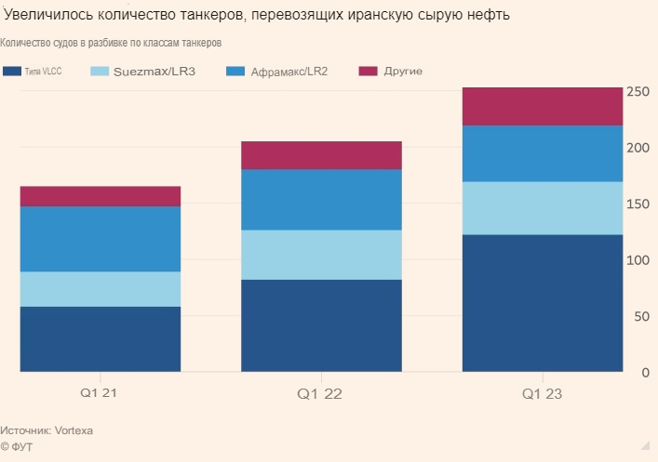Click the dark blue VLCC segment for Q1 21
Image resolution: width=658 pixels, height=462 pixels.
click(100, 339)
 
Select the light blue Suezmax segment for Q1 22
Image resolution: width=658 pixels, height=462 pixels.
click(321, 255)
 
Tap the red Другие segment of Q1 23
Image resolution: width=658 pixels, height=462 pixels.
click(542, 106)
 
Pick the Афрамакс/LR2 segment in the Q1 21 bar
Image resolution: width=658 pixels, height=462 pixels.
click(100, 239)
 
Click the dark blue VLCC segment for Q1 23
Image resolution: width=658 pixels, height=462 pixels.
click(542, 303)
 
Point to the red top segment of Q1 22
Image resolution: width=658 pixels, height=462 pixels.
click(321, 155)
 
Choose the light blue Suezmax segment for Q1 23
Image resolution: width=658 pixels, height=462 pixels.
click(542, 208)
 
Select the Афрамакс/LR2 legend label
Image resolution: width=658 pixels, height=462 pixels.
click(289, 71)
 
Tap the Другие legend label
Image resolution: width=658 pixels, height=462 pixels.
click(403, 71)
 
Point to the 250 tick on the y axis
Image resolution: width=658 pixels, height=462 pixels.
click(638, 92)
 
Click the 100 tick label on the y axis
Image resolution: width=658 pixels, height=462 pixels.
click(638, 260)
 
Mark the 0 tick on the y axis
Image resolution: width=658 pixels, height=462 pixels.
click(643, 373)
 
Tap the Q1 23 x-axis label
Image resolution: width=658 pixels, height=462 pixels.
click(542, 394)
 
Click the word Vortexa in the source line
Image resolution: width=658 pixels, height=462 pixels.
click(74, 431)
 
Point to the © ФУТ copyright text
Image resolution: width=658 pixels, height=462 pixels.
click(18, 447)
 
